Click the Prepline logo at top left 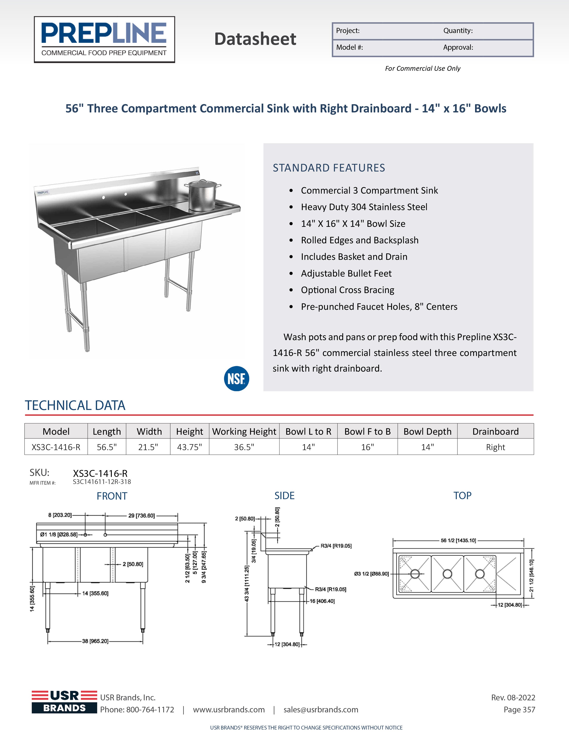coord(104,39)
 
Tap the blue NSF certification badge coord(236,378)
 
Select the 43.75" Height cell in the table coord(189,447)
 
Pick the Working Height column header coord(244,431)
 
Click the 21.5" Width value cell coord(148,447)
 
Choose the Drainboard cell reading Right coord(495,447)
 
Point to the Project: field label coord(348,31)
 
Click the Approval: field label coord(458,48)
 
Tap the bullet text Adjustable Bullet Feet coord(346,273)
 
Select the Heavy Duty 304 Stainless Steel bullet coord(364,207)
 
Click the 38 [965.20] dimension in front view coord(95,641)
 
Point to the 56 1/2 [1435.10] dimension coord(458,540)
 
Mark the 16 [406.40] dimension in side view coord(322,601)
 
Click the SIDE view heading coord(284,496)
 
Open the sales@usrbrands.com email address coord(321,709)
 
